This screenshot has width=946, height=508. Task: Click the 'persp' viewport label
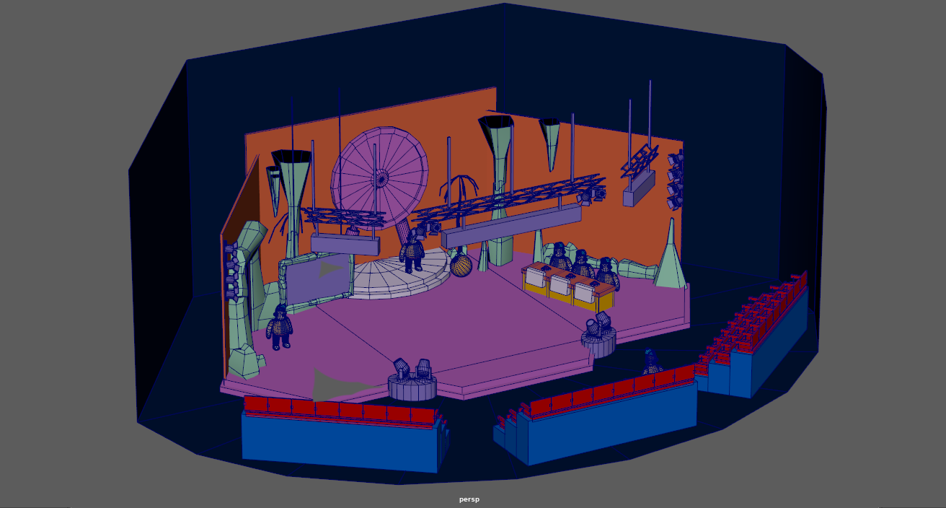(x=469, y=499)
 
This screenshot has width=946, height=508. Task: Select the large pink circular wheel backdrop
(x=380, y=178)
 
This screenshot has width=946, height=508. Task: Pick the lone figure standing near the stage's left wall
(x=279, y=327)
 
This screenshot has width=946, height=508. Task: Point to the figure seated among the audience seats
(x=652, y=362)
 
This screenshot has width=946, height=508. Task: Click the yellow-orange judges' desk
(x=568, y=287)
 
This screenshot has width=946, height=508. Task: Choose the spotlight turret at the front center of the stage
(x=412, y=380)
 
